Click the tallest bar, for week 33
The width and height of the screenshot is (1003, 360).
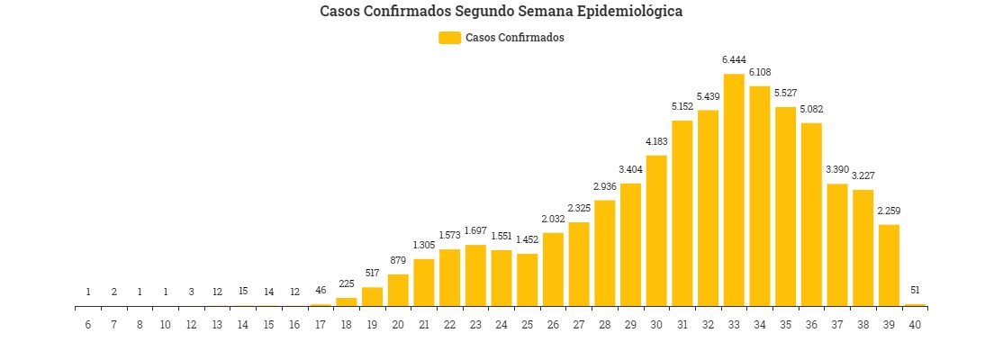(734, 190)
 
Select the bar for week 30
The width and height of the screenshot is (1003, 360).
(656, 230)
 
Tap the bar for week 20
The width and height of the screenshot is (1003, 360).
(398, 290)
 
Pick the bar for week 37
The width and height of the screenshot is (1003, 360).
(837, 245)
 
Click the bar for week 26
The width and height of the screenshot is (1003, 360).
(553, 269)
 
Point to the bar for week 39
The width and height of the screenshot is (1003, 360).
(889, 265)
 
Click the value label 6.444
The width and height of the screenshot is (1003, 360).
(734, 59)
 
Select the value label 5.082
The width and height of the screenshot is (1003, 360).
(811, 109)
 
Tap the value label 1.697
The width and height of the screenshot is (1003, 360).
(475, 231)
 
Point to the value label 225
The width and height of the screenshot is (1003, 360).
(347, 283)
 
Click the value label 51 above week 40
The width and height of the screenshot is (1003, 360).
(915, 290)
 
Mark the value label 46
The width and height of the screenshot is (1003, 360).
(321, 291)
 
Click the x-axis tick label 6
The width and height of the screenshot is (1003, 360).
(88, 324)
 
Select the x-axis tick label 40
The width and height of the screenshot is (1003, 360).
(915, 324)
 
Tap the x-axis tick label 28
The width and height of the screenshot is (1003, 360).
(604, 324)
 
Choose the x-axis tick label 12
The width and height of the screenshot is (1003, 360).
(192, 324)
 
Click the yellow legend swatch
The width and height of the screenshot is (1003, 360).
(449, 38)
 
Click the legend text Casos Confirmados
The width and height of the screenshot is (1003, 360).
(515, 38)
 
